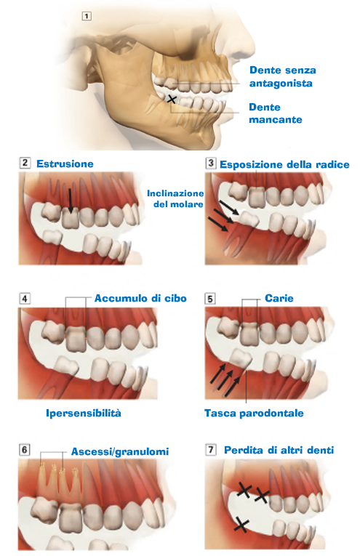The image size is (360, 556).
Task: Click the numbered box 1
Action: pos(87,16)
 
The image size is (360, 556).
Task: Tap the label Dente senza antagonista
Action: pos(283,76)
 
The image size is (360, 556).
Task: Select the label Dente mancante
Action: pos(276,113)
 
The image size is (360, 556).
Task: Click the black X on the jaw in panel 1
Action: pos(172,100)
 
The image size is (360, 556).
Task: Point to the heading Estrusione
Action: pos(65,164)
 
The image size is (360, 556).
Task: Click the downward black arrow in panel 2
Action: pos(71,201)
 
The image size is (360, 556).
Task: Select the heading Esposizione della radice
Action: pos(284,164)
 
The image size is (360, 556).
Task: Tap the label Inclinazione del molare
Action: pos(175,198)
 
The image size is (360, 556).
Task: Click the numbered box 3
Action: pos(211,163)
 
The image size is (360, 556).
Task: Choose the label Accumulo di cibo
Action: pos(140,298)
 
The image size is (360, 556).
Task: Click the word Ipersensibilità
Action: pos(84,413)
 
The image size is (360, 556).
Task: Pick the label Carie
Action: pos(279,298)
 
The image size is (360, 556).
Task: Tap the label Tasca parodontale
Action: pos(254,413)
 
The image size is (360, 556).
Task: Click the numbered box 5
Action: pos(210,299)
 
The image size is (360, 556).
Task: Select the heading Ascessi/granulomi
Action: pos(120,451)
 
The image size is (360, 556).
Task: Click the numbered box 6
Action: pos(24,450)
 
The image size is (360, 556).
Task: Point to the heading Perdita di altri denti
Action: pos(279,450)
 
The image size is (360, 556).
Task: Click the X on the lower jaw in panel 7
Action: pos(241,525)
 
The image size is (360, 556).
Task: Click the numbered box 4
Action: pos(25,298)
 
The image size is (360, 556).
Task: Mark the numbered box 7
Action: pos(211,450)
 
